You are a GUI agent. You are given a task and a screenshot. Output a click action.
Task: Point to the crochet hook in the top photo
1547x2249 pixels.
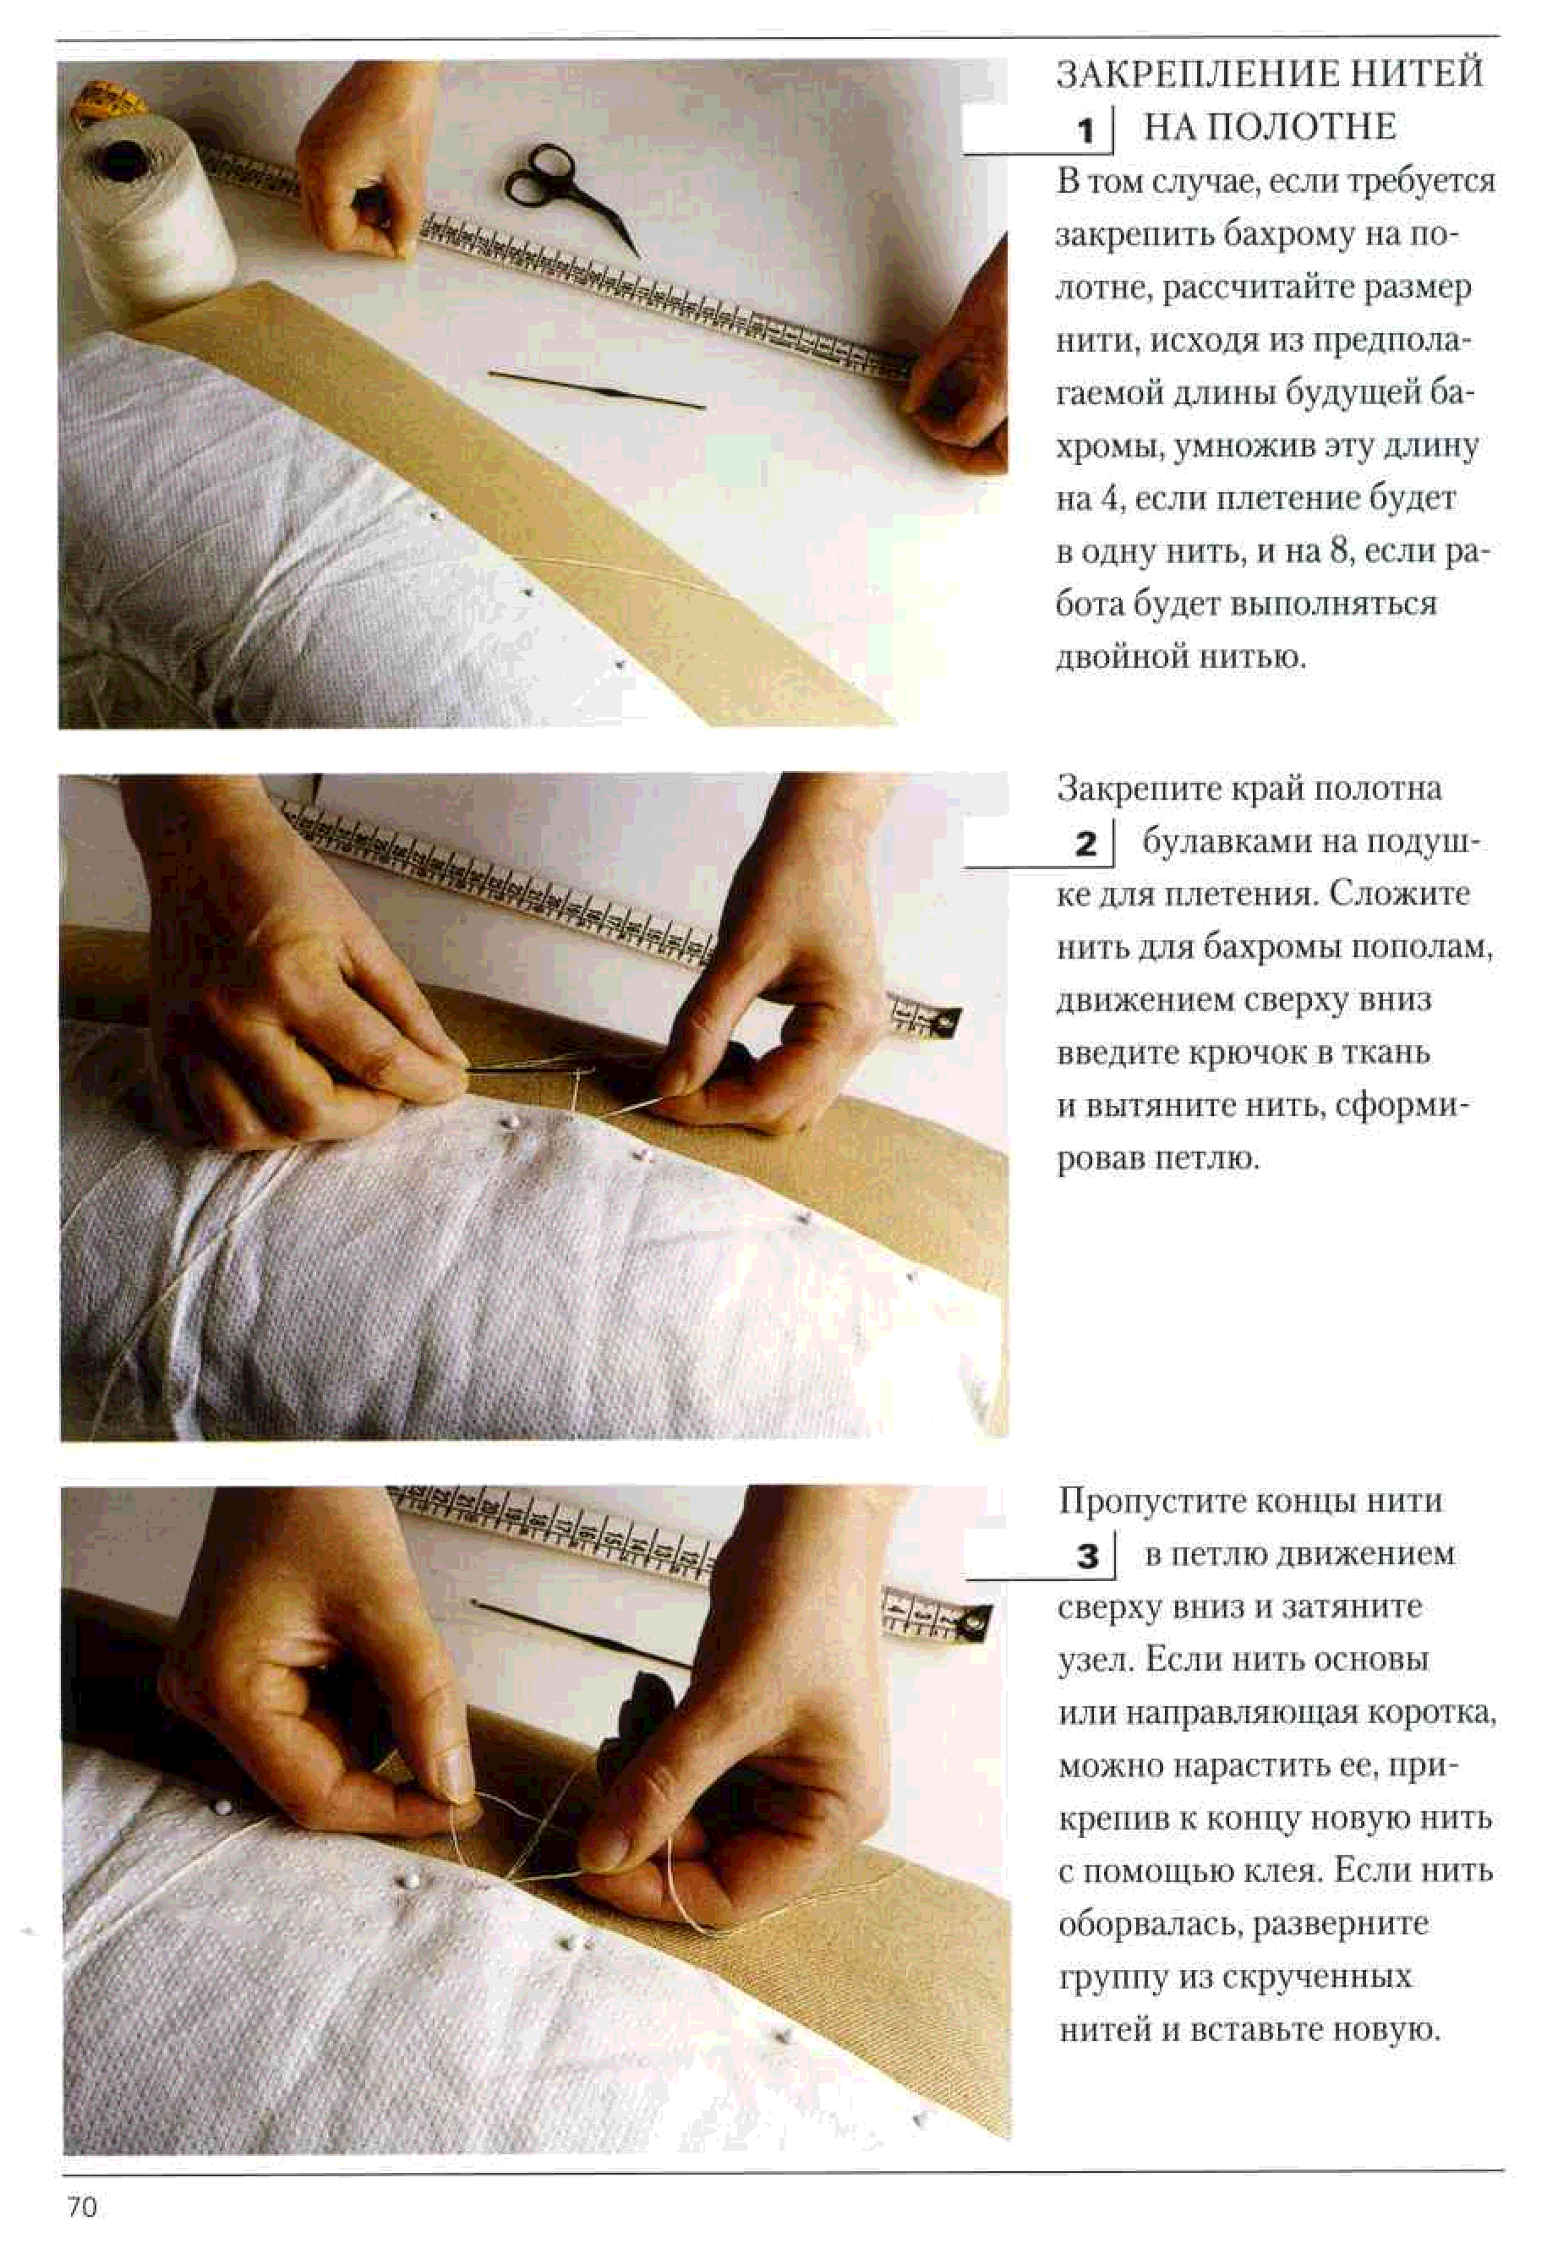point(596,389)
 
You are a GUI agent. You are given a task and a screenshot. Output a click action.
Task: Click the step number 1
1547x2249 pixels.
point(1086,130)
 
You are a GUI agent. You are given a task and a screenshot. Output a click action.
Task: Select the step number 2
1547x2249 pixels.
point(1085,844)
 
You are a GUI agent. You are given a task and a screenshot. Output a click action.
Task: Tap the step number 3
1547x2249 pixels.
point(1088,1556)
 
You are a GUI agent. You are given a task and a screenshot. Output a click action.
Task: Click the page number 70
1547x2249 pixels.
point(82,2208)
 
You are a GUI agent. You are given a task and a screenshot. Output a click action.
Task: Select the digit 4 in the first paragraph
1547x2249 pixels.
point(1110,499)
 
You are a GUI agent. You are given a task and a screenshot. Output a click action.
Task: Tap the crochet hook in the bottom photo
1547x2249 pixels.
point(582,1633)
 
